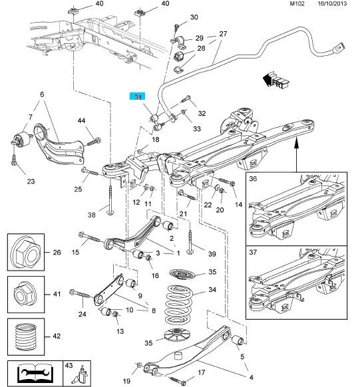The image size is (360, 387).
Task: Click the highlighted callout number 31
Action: [x=138, y=96]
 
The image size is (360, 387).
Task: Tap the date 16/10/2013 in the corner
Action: [x=332, y=4]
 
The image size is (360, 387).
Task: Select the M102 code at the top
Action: [x=297, y=4]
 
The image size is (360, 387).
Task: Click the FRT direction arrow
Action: [x=275, y=80]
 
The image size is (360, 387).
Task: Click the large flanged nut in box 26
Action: [x=26, y=253]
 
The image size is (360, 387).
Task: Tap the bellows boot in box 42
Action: [x=26, y=336]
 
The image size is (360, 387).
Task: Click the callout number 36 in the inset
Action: [x=253, y=178]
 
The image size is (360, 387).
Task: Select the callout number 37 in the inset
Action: [x=253, y=252]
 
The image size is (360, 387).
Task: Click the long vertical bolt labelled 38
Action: [x=110, y=200]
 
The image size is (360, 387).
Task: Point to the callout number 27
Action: [x=223, y=34]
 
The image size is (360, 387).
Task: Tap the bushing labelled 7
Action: [x=23, y=139]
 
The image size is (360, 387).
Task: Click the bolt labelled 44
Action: [x=94, y=142]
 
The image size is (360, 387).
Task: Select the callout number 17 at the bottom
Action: [x=202, y=372]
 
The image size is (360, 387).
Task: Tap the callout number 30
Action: [x=194, y=17]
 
